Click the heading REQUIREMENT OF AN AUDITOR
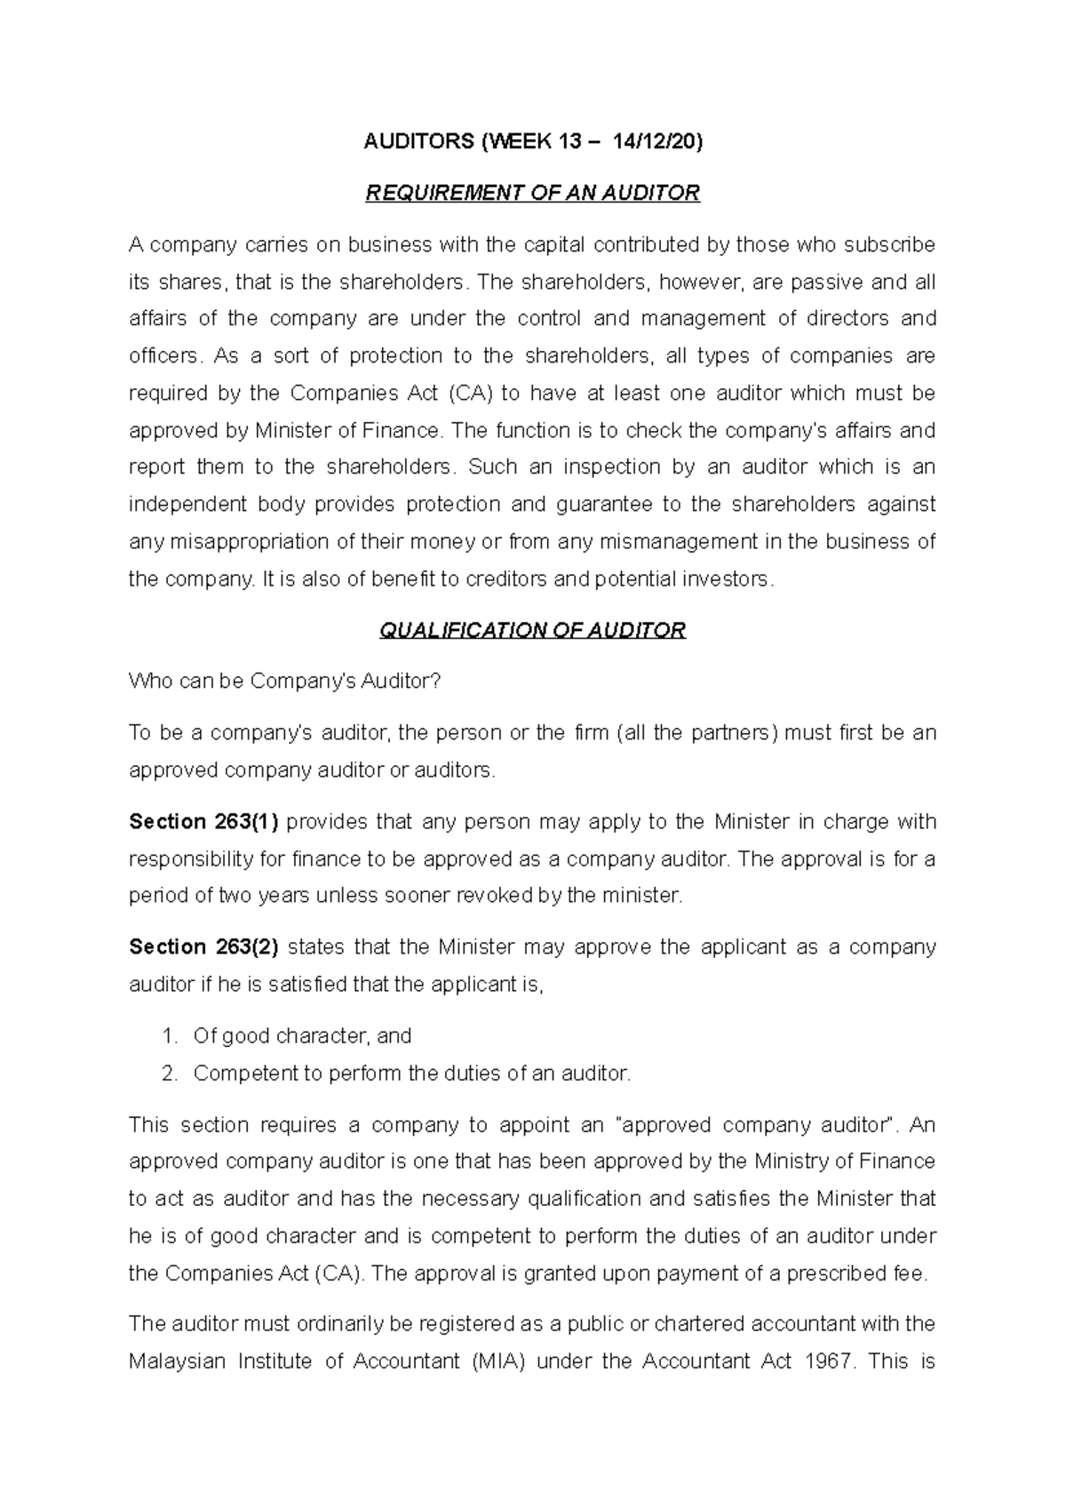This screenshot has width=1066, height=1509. pyautogui.click(x=533, y=193)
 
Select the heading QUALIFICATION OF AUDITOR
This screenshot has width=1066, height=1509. pyautogui.click(x=532, y=630)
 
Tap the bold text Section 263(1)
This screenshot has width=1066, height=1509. pyautogui.click(x=203, y=822)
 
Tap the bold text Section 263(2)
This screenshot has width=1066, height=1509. pyautogui.click(x=203, y=947)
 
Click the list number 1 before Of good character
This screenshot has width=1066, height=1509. pyautogui.click(x=169, y=1036)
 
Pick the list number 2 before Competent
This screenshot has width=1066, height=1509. pyautogui.click(x=169, y=1074)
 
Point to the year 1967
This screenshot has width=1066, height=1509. pyautogui.click(x=828, y=1361)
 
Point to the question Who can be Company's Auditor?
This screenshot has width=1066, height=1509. pyautogui.click(x=284, y=682)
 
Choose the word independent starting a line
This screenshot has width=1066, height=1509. pyautogui.click(x=187, y=505)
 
